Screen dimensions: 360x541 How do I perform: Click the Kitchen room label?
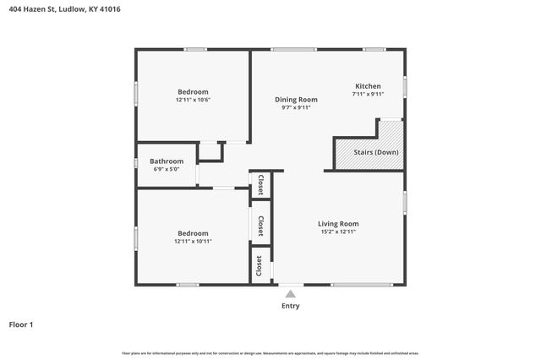[368, 86]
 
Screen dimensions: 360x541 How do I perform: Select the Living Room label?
[338, 224]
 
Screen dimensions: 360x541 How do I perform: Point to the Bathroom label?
[167, 161]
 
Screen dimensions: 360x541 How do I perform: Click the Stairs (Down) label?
[376, 152]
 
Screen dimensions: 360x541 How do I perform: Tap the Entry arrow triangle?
[290, 294]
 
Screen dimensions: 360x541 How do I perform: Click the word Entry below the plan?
[290, 306]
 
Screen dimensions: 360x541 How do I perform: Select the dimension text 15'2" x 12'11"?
[338, 232]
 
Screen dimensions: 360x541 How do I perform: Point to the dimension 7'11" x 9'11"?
[368, 94]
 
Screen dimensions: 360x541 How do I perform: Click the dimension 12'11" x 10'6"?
[193, 100]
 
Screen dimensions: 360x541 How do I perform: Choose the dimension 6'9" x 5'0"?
[167, 169]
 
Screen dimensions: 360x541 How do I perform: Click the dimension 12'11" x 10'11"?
[193, 241]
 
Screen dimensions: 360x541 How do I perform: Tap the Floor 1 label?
[21, 325]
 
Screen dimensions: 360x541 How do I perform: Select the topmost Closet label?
[260, 184]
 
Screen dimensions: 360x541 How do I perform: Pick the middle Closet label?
[260, 226]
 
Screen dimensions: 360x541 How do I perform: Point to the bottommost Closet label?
[259, 265]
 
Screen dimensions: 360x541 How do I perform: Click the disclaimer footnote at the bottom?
[270, 353]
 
